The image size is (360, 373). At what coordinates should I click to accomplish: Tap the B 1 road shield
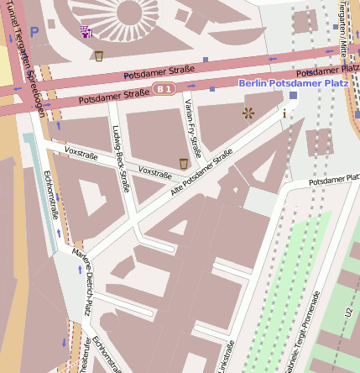[x=165, y=88]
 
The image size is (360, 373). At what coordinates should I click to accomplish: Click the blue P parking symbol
[x=34, y=31]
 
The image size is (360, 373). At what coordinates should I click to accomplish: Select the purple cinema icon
[x=85, y=33]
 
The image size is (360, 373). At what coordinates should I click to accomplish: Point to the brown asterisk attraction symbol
[x=248, y=113]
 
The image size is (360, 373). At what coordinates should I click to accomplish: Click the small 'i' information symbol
[x=284, y=113]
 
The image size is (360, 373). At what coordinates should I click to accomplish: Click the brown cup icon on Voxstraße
[x=183, y=163]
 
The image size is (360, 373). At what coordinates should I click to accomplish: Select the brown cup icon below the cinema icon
[x=99, y=56]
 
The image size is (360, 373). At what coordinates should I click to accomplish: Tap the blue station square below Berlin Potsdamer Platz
[x=293, y=95]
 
